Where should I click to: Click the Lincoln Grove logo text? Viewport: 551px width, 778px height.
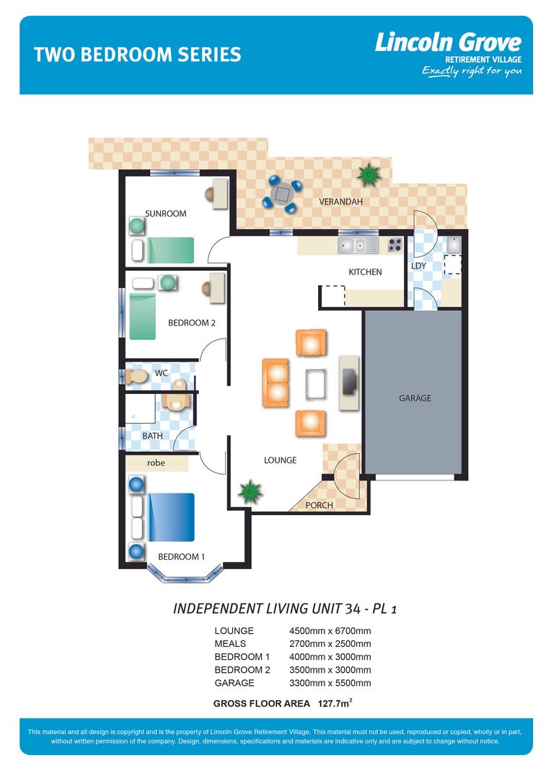447,43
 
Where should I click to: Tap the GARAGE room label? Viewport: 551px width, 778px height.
415,398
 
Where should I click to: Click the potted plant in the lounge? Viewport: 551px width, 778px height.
250,492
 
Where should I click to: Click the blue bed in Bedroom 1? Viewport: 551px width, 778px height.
172,517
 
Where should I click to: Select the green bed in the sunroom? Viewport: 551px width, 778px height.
171,250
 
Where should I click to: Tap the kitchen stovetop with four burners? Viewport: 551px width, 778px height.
394,245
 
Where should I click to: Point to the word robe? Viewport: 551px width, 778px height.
156,463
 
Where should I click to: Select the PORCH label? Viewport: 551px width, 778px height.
319,505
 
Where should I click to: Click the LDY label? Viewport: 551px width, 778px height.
418,266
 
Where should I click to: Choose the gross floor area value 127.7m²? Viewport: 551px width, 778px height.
335,703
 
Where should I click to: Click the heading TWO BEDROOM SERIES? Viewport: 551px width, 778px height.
138,55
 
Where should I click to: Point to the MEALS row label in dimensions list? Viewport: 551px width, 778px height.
230,644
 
